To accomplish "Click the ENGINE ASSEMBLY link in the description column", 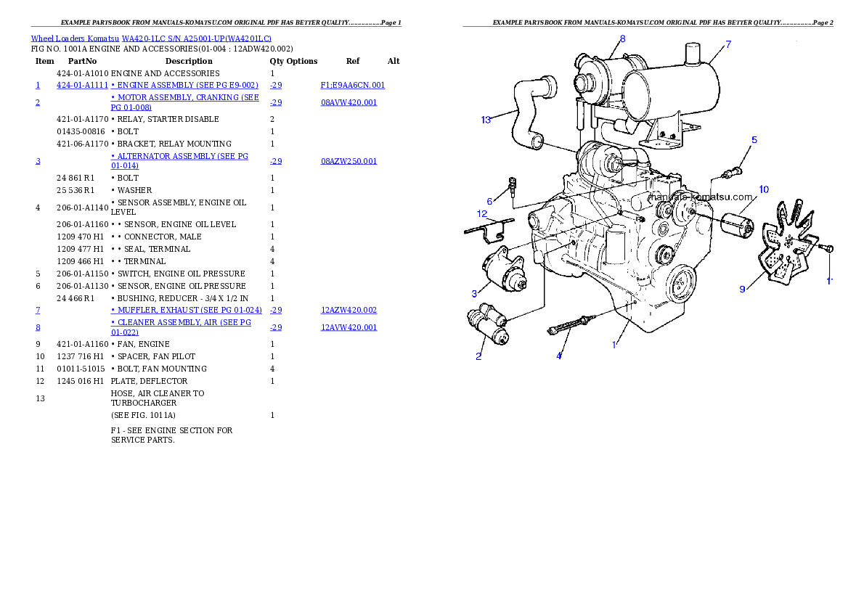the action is [184, 86].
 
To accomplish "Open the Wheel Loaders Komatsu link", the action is [75, 38].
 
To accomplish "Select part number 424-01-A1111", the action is [82, 86].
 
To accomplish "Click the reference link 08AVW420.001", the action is [349, 102].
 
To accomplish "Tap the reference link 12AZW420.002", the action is [349, 310].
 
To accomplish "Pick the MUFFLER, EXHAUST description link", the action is [187, 310].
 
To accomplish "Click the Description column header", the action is [189, 61].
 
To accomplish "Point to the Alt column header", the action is [394, 61].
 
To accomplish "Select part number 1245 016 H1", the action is [80, 381].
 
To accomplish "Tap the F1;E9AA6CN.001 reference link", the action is [353, 86].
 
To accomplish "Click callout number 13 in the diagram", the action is [486, 120].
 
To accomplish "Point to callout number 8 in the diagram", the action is [623, 38].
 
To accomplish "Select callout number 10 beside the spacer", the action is [764, 189].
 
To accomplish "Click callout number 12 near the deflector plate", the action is [482, 214].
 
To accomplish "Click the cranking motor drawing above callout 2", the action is [488, 324].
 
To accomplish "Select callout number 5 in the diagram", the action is [754, 140].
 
